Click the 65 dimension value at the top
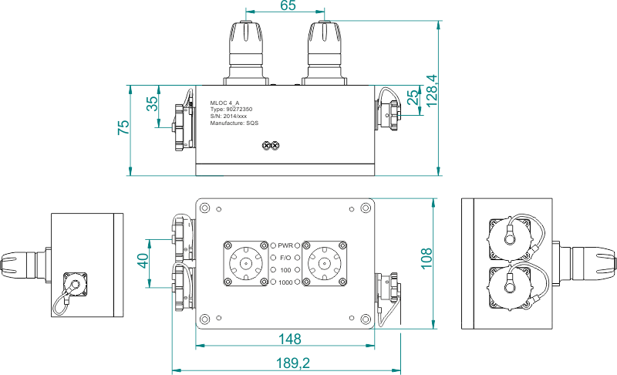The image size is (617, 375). click(x=288, y=5)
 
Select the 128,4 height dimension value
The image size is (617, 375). click(x=432, y=90)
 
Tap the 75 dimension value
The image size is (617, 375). click(x=123, y=127)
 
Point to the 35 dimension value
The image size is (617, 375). click(x=152, y=103)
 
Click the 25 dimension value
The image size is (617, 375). click(x=413, y=97)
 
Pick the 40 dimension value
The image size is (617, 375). click(x=143, y=261)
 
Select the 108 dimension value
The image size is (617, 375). click(x=427, y=258)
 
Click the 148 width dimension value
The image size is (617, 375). click(x=290, y=339)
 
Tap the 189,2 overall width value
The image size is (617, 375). click(x=293, y=363)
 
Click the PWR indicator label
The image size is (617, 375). click(x=285, y=245)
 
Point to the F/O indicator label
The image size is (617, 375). click(x=285, y=258)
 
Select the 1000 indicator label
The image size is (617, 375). click(x=285, y=282)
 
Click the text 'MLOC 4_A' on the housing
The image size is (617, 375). click(x=224, y=103)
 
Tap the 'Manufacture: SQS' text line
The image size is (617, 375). click(x=234, y=123)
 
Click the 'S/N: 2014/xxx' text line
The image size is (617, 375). click(x=228, y=117)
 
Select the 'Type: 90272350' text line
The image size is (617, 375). click(x=231, y=110)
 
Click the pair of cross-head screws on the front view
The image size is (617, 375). click(x=271, y=146)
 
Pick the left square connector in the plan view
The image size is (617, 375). click(x=246, y=263)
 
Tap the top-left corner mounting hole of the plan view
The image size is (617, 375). click(x=204, y=208)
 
